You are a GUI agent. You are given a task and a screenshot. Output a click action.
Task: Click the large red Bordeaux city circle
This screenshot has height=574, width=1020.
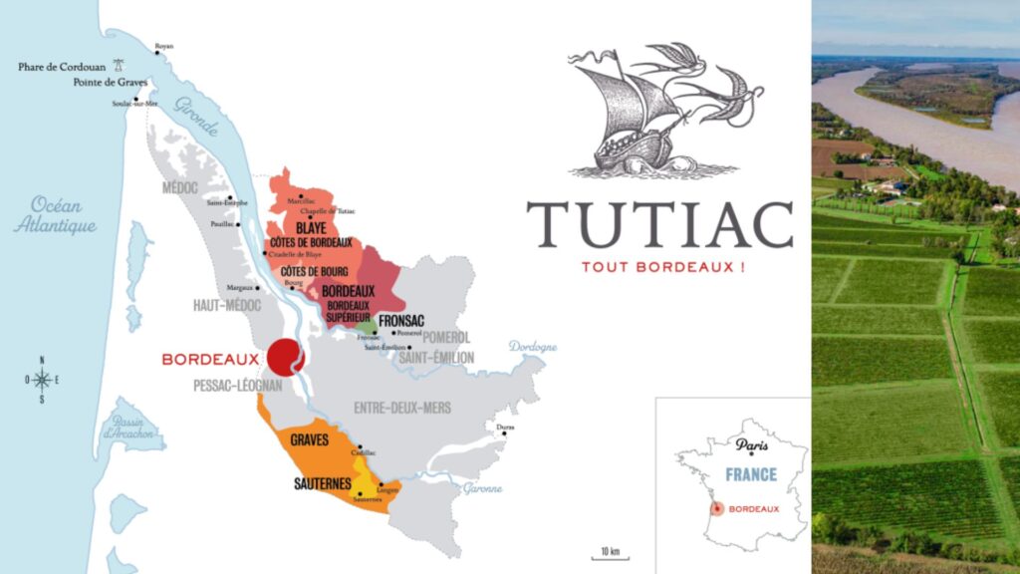pyautogui.click(x=286, y=357)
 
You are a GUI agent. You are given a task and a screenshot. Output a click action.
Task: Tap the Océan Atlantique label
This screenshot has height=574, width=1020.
pyautogui.click(x=55, y=215)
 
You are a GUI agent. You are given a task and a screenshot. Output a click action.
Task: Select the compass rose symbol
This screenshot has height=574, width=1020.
pyautogui.click(x=42, y=380)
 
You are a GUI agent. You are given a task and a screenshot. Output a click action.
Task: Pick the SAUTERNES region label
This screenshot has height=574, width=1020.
pyautogui.click(x=322, y=483)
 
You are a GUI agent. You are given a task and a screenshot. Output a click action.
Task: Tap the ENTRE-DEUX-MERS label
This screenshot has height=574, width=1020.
pyautogui.click(x=402, y=408)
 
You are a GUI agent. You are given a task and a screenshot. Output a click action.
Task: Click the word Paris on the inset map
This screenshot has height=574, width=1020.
pyautogui.click(x=753, y=445)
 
